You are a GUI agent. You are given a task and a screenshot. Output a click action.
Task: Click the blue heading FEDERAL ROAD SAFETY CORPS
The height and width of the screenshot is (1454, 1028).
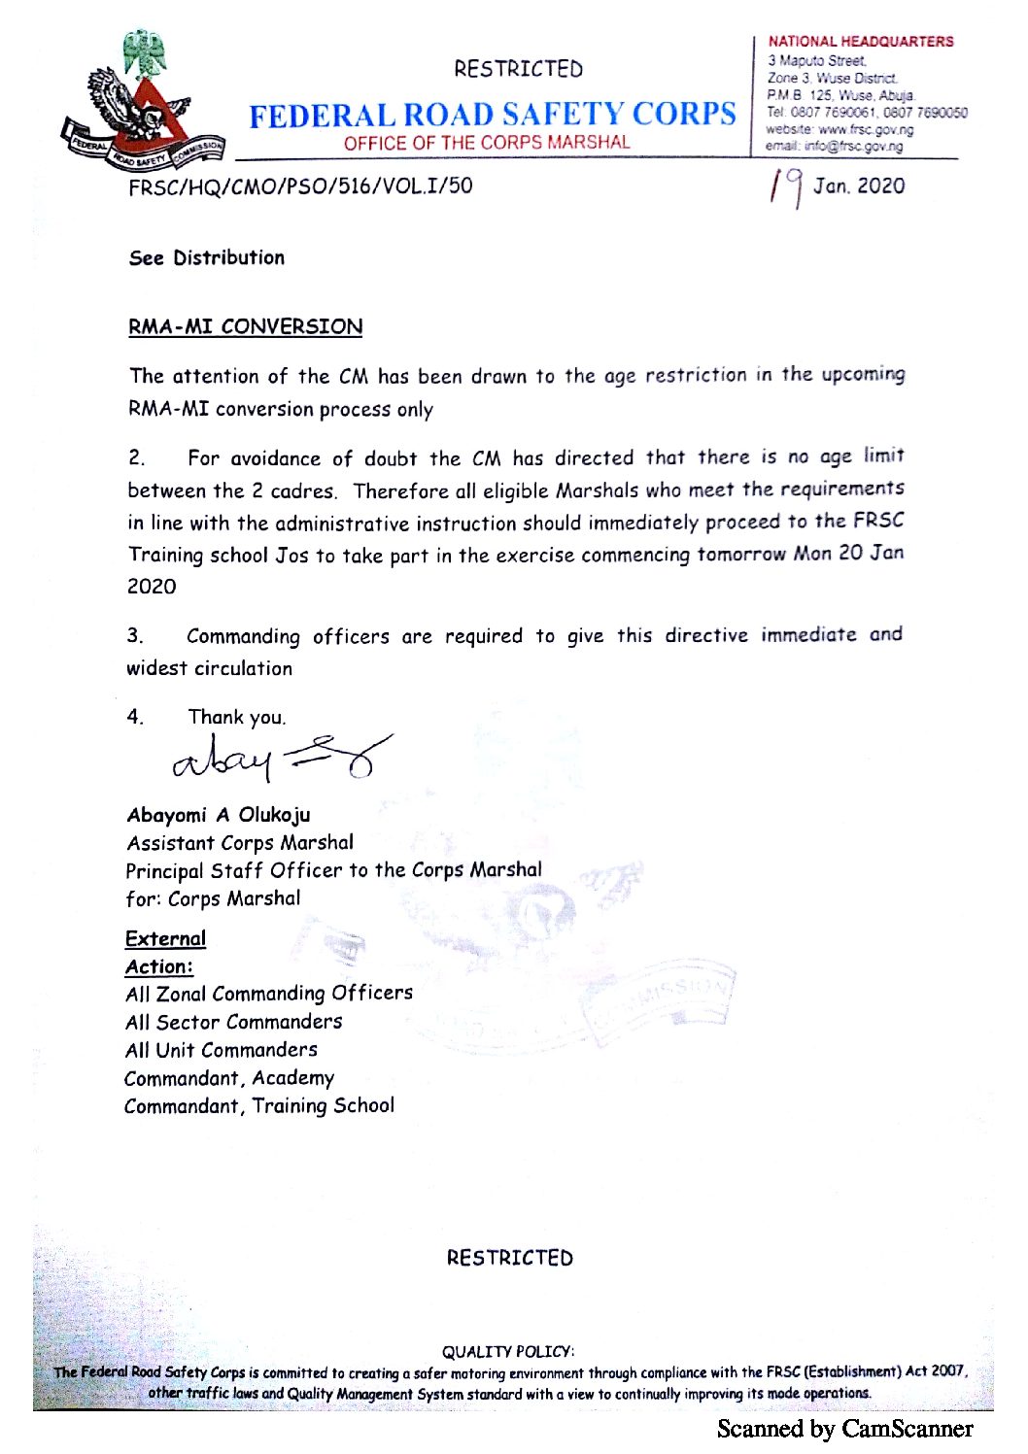pyautogui.click(x=493, y=115)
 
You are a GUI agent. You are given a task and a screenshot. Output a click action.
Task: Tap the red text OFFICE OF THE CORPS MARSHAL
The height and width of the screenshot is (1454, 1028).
pyautogui.click(x=486, y=143)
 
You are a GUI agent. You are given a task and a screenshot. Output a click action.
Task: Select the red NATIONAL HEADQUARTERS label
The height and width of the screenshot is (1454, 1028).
pyautogui.click(x=860, y=42)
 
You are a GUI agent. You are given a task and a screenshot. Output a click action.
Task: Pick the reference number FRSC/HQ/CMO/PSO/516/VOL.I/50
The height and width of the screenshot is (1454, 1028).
pyautogui.click(x=300, y=186)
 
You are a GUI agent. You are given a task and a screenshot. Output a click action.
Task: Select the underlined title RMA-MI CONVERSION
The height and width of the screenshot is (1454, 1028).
pyautogui.click(x=245, y=326)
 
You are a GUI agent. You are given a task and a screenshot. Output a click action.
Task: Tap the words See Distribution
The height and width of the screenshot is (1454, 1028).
pyautogui.click(x=206, y=257)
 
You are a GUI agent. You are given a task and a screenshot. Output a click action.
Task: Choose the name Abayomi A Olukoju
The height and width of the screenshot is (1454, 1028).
pyautogui.click(x=218, y=815)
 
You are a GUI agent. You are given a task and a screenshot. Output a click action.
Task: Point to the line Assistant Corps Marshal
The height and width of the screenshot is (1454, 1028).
pyautogui.click(x=239, y=843)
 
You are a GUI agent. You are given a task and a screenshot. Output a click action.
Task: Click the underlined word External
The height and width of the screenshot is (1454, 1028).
pyautogui.click(x=165, y=938)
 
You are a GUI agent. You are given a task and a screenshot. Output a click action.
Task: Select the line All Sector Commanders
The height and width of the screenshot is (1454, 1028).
pyautogui.click(x=233, y=1022)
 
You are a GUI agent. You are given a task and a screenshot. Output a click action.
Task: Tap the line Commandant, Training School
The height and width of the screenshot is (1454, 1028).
pyautogui.click(x=258, y=1106)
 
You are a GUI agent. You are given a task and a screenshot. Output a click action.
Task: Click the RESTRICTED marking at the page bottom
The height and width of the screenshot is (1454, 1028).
pyautogui.click(x=509, y=1258)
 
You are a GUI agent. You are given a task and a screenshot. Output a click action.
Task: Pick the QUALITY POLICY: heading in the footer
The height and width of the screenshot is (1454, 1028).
pyautogui.click(x=507, y=1351)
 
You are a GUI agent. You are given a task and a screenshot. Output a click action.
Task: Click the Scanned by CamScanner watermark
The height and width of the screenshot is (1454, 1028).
pyautogui.click(x=844, y=1429)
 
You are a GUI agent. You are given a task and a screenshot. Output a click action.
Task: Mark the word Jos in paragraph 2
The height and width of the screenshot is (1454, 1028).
pyautogui.click(x=291, y=556)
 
